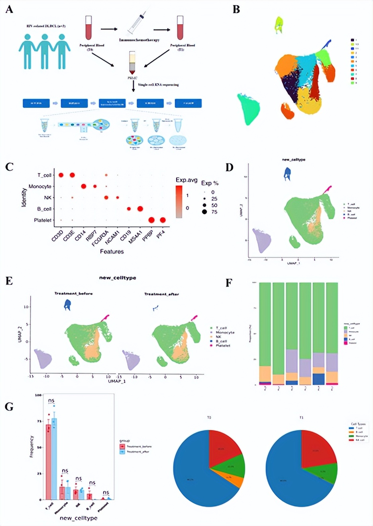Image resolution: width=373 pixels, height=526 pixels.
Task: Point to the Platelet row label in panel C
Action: point(43,220)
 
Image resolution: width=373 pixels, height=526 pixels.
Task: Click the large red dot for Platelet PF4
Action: point(163,220)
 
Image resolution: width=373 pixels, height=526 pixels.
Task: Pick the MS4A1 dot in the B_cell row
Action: point(140,209)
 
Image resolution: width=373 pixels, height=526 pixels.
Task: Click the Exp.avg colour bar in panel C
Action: point(179,202)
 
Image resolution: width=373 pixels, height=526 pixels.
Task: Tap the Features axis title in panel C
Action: point(112,251)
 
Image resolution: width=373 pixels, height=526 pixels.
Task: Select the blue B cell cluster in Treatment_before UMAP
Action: point(68,305)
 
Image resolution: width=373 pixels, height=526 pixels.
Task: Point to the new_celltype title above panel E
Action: point(117,278)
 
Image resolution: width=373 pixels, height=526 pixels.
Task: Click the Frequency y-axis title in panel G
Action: point(31,446)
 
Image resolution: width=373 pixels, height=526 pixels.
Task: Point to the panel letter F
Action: point(229,283)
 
